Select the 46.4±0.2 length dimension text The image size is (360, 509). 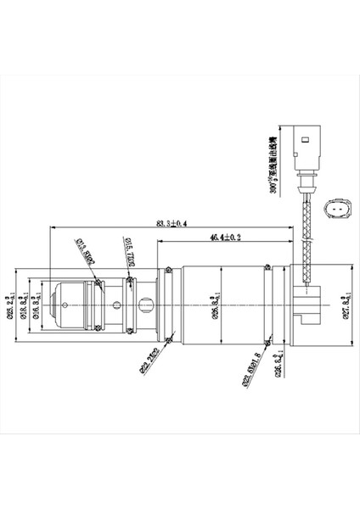coord(226,238)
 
